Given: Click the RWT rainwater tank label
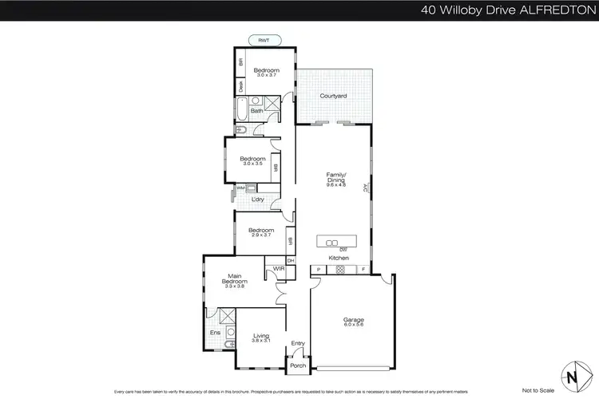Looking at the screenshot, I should (264, 40).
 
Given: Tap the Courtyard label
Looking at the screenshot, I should (333, 96).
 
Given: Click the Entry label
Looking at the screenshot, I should (297, 343).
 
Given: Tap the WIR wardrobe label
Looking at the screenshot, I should (279, 269).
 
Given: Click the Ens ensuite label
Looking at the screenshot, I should (215, 333).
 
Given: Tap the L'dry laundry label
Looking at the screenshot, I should (258, 199).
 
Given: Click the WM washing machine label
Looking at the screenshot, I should (240, 188).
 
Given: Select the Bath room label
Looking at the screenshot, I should (256, 111).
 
